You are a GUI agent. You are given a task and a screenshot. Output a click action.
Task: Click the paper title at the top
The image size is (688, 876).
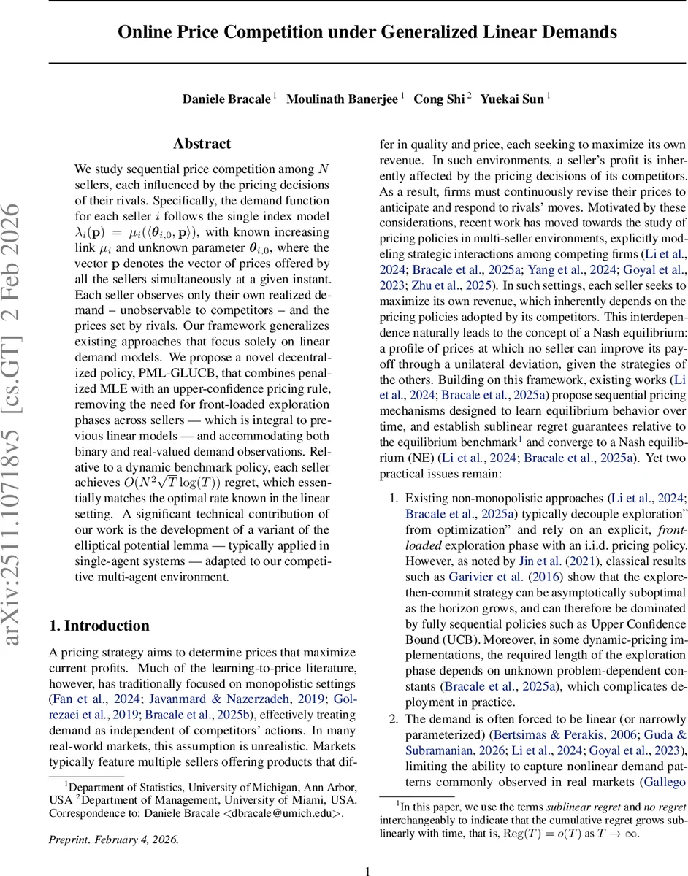tap(367, 33)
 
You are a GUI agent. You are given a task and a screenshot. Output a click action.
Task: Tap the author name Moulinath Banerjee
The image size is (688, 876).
tap(342, 99)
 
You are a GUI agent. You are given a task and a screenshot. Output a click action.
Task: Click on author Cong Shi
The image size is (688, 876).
tap(438, 99)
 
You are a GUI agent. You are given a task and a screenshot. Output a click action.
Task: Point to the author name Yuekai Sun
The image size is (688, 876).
tap(511, 99)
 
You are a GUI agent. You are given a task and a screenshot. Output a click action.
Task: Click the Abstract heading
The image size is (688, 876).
tap(202, 144)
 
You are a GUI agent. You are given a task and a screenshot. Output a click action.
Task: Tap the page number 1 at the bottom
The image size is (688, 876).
tap(368, 850)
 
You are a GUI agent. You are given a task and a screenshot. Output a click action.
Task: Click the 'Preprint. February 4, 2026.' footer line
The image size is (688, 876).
tap(113, 818)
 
